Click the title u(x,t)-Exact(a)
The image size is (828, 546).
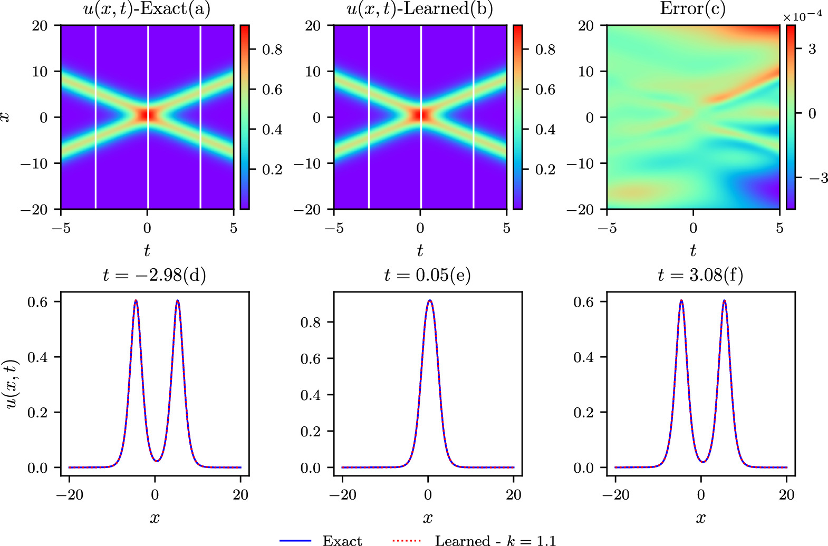coord(147,9)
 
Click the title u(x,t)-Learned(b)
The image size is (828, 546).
coord(420,9)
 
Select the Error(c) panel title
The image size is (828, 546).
coord(692,8)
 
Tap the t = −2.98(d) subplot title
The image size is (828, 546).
coord(154,275)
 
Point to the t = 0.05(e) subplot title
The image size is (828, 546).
coord(427,275)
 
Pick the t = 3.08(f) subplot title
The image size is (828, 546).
coord(700,275)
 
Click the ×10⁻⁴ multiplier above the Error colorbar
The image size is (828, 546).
coord(802,16)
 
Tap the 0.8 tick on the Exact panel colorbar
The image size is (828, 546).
coord(272,50)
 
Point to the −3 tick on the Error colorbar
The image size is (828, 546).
coord(818,178)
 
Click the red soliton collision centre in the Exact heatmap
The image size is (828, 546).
coord(148,114)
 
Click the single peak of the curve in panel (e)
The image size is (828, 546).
coord(430,301)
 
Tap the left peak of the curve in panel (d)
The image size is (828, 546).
coord(136,301)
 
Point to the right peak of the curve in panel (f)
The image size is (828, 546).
coord(724,301)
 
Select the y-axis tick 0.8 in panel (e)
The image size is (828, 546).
coord(310,322)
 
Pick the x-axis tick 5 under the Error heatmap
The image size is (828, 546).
coord(779,228)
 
